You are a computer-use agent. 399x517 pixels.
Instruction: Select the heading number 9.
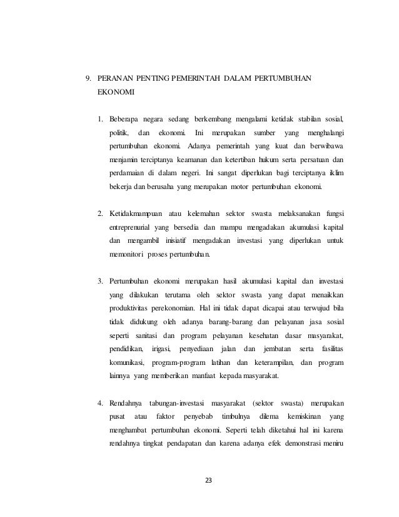pos(88,78)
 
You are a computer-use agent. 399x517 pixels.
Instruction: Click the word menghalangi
pos(326,133)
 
